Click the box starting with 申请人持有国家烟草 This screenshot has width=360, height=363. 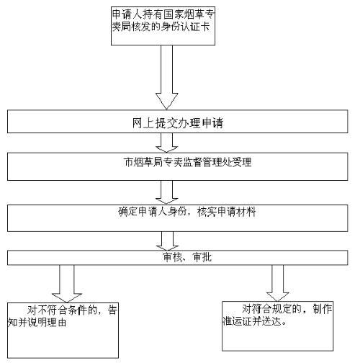point(163,26)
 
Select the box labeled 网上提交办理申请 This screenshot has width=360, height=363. point(178,122)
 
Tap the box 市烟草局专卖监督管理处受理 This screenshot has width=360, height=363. point(178,166)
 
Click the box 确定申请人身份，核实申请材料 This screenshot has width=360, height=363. point(178,218)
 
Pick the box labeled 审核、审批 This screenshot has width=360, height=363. point(178,258)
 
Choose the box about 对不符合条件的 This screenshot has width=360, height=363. point(63,331)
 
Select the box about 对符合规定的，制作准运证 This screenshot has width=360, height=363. point(278,326)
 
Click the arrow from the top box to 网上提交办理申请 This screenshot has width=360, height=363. point(166,78)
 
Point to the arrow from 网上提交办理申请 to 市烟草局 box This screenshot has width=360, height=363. point(166,143)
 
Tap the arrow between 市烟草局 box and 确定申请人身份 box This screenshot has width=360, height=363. point(166,192)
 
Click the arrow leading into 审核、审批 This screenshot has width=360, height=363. point(167,241)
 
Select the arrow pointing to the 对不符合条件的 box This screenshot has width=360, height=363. point(67,284)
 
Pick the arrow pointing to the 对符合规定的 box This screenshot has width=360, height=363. point(278,283)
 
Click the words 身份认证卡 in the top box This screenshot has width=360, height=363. point(186,27)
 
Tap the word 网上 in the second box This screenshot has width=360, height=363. point(143,123)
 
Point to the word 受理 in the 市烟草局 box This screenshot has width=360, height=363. point(241,162)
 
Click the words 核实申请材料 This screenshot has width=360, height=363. point(226,212)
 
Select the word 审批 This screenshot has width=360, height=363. point(202,257)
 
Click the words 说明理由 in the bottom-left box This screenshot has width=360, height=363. point(48,323)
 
